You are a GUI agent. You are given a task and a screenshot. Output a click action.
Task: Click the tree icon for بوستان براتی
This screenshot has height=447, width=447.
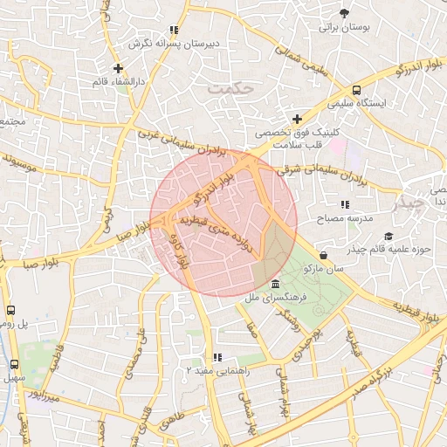point(346,13)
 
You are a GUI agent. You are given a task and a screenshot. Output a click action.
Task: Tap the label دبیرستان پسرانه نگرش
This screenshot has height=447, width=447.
point(174,43)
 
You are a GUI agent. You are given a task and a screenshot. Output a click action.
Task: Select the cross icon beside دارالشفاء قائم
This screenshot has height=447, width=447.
point(119,68)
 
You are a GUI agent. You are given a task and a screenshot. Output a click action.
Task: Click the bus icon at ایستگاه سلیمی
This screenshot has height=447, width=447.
point(356,90)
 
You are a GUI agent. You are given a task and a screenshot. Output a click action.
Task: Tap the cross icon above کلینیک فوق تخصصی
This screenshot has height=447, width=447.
point(297,119)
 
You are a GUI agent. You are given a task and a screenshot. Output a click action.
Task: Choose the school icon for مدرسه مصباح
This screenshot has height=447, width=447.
point(345,204)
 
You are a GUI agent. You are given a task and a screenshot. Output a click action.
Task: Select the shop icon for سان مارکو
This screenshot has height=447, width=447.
point(325,255)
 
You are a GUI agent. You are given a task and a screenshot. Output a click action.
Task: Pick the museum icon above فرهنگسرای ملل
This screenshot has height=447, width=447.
point(276,285)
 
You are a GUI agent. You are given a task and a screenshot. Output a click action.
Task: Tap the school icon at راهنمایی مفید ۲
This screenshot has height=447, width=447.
point(217,357)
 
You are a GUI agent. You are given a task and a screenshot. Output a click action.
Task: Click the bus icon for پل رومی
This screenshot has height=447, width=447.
point(11,310)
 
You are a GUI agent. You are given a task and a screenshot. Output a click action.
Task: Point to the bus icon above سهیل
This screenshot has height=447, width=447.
point(14,364)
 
